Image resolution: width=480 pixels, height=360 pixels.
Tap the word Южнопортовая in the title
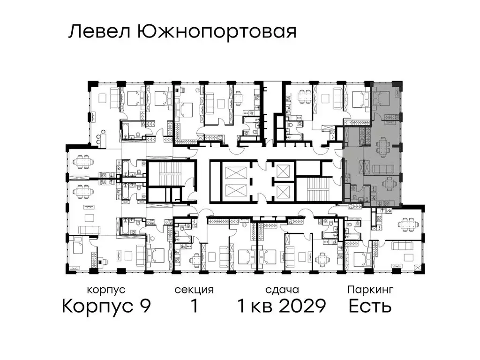[217, 32]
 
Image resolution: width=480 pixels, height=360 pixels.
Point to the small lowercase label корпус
[106, 290]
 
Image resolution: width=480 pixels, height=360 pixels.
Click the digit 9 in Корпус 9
[144, 306]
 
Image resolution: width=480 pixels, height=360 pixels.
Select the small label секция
[194, 290]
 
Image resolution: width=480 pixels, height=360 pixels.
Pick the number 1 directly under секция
[193, 306]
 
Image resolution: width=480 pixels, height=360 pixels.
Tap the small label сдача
[281, 290]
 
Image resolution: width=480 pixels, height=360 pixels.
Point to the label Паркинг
[370, 290]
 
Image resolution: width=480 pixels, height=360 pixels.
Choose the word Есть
[370, 306]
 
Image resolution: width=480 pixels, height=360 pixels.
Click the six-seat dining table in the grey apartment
[384, 147]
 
